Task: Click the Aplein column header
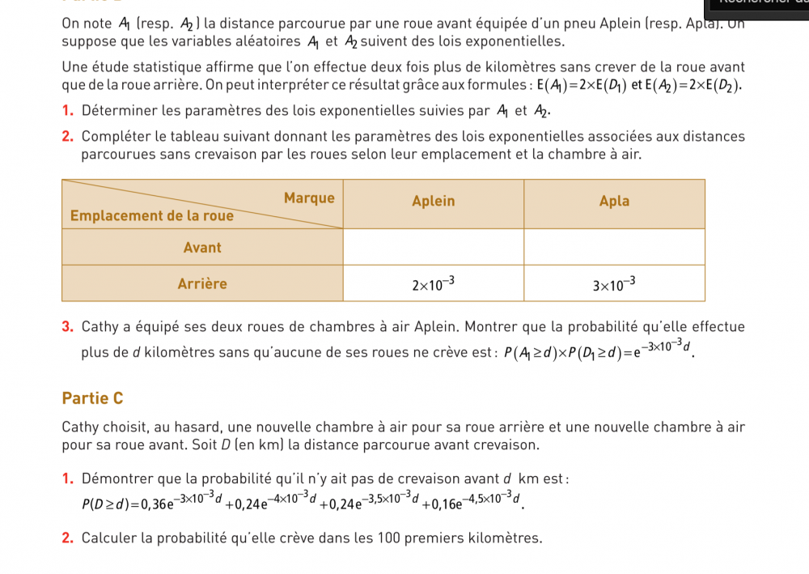[434, 201]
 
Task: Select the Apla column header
[614, 201]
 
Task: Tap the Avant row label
[202, 247]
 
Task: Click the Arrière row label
[202, 283]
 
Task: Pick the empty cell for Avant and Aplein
[434, 247]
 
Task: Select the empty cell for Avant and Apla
[614, 247]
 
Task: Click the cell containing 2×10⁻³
[434, 284]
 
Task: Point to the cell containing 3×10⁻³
[614, 284]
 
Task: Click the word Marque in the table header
[309, 198]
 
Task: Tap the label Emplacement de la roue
[152, 215]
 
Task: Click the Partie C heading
[92, 398]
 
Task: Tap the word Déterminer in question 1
[119, 111]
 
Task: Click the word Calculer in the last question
[110, 538]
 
